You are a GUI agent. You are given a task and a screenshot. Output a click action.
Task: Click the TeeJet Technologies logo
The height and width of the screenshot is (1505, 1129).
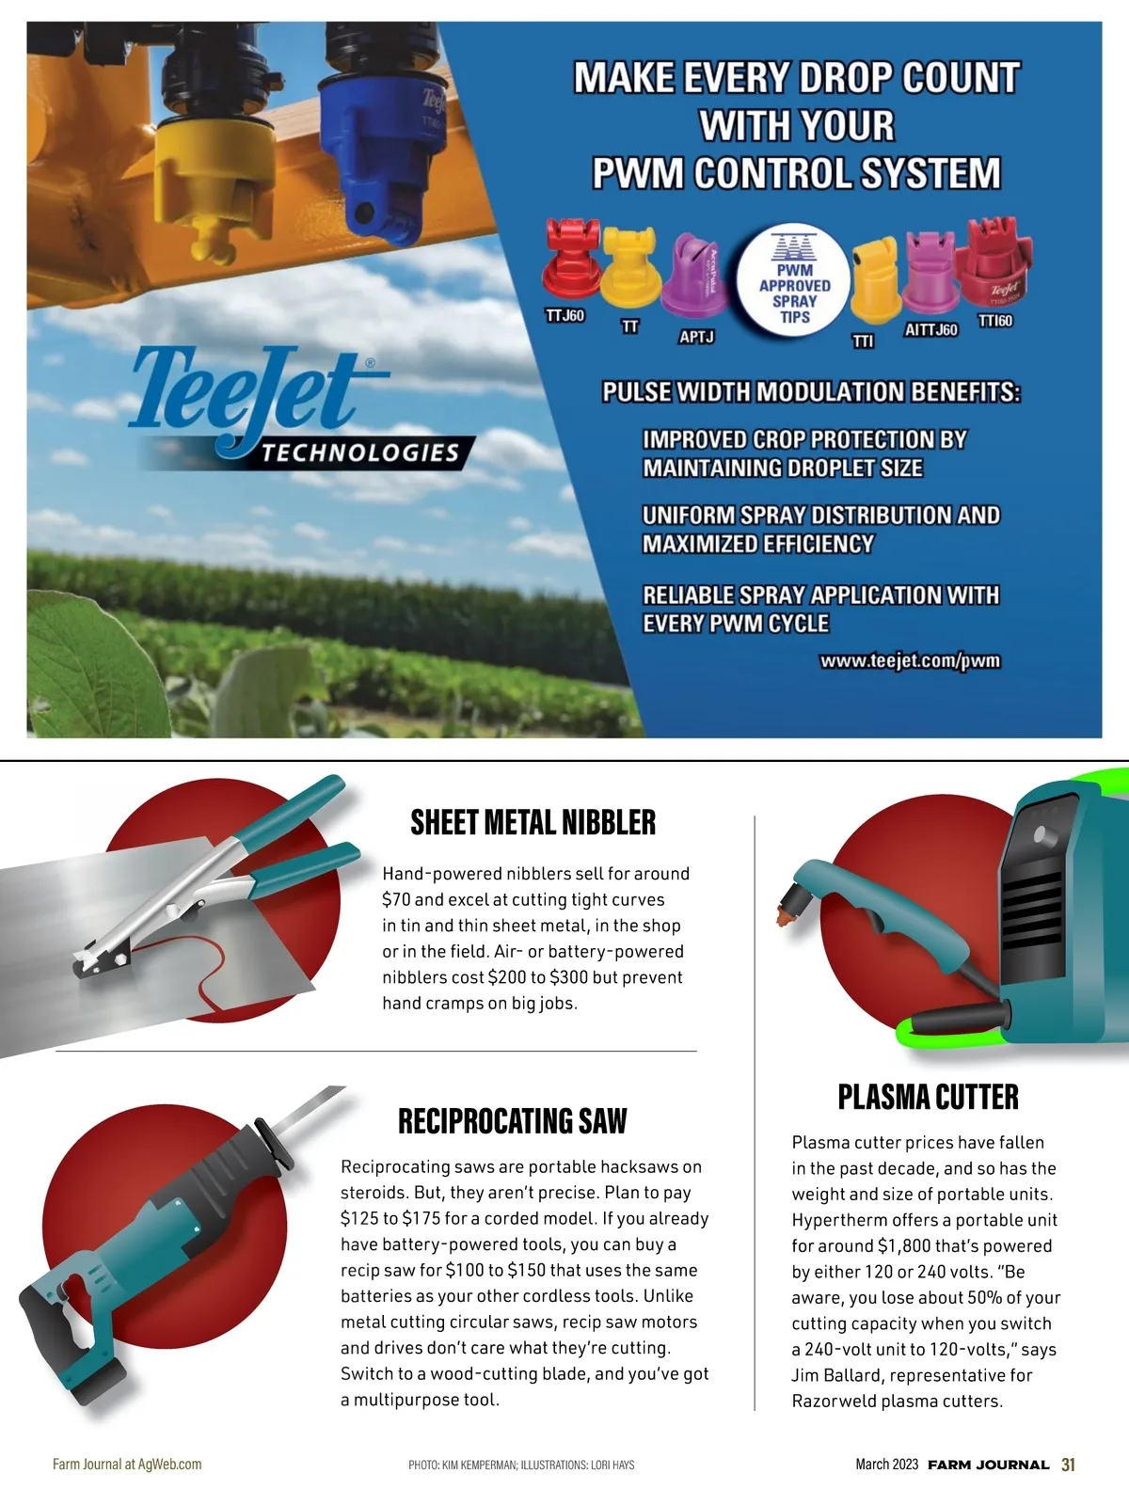(x=282, y=409)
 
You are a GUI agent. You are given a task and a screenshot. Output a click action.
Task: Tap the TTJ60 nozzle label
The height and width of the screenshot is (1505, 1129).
(x=564, y=316)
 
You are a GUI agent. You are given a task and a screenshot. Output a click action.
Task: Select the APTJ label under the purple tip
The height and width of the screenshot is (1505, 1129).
(x=696, y=337)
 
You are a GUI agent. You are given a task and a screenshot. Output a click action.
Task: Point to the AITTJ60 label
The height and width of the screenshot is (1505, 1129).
(x=930, y=330)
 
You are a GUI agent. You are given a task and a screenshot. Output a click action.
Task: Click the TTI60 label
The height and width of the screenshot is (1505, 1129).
(x=995, y=321)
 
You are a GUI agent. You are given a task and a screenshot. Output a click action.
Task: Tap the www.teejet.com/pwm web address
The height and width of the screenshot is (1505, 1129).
(x=910, y=661)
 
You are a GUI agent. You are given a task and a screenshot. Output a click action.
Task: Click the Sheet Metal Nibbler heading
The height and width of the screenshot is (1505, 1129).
(x=533, y=823)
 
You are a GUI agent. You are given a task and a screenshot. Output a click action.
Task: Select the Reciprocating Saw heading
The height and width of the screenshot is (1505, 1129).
(x=512, y=1121)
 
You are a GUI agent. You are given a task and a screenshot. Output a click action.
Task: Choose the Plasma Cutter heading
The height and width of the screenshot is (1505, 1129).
(x=928, y=1097)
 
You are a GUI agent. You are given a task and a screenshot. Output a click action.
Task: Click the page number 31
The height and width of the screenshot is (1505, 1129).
(x=1068, y=1465)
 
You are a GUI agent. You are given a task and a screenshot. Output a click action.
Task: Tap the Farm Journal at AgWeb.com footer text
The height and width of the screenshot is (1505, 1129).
(x=127, y=1465)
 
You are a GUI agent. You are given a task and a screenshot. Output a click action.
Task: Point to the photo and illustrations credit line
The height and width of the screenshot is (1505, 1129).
(x=521, y=1465)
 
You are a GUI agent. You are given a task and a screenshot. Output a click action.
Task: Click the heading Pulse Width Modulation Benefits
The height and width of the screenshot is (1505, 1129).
(x=811, y=392)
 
